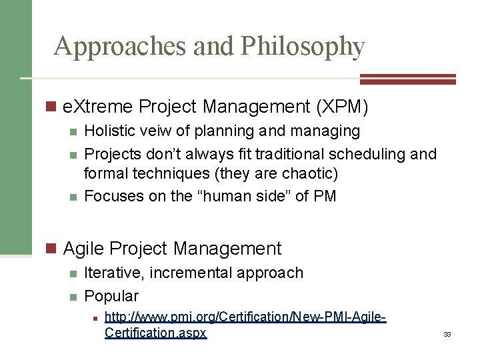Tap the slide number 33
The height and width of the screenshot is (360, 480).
447,334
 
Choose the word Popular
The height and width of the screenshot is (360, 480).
112,295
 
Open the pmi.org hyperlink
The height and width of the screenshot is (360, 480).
245,325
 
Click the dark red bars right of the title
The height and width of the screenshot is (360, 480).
407,79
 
